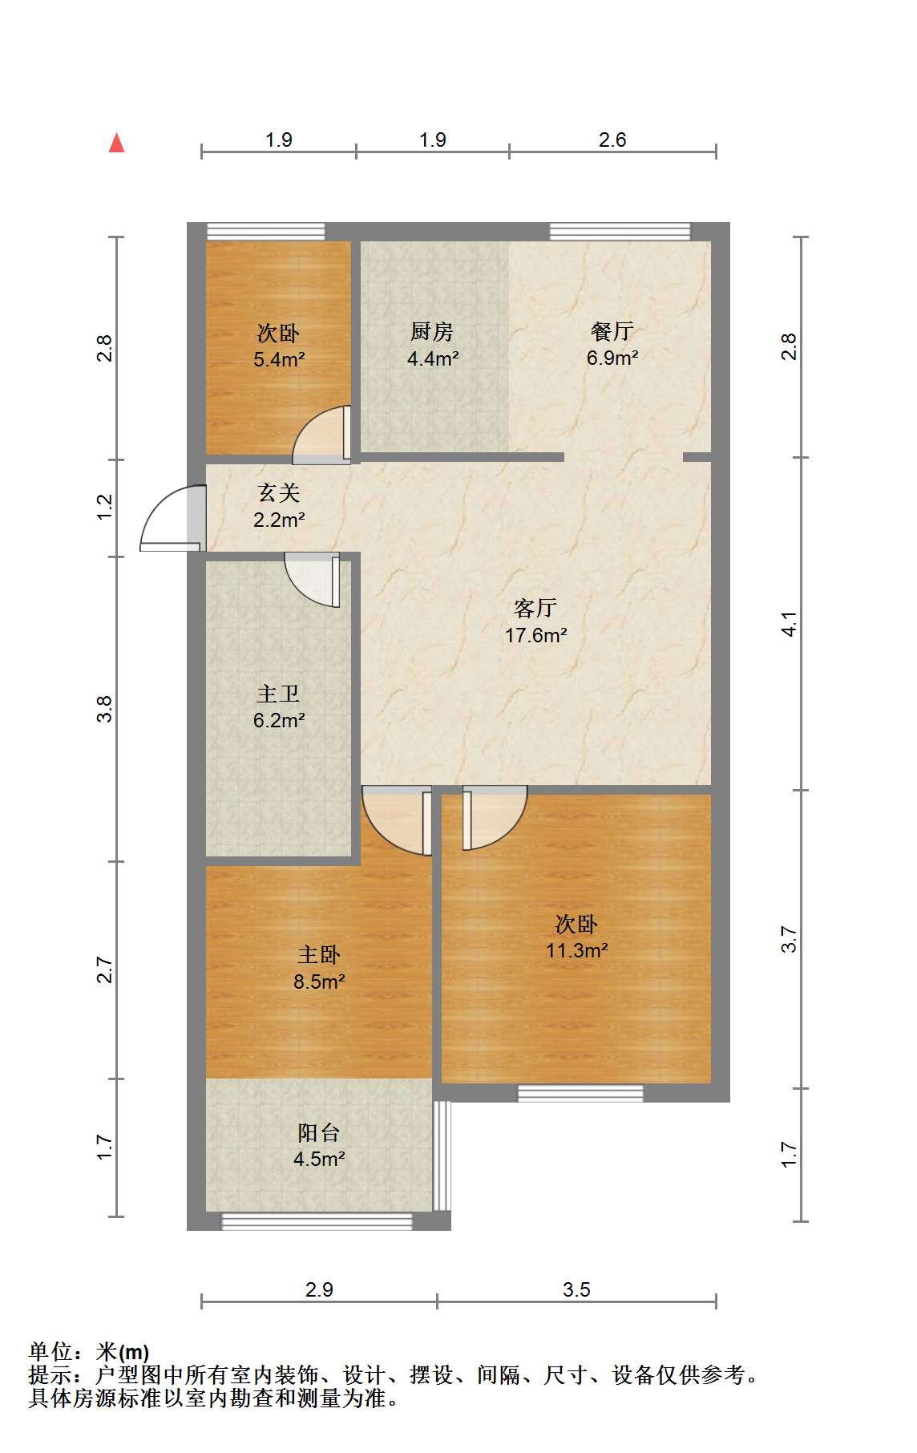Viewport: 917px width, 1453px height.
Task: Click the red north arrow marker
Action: click(117, 143)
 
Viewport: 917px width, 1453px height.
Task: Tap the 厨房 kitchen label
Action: click(432, 330)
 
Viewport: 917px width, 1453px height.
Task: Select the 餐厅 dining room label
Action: click(612, 330)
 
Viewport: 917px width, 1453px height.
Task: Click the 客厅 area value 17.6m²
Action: click(536, 635)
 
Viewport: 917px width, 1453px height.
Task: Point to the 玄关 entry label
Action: click(279, 492)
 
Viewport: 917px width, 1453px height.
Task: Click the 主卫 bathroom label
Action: click(279, 693)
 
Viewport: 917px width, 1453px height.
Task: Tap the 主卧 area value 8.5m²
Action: click(319, 981)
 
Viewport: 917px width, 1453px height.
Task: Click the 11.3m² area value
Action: click(577, 950)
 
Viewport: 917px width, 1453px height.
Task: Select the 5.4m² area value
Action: click(279, 359)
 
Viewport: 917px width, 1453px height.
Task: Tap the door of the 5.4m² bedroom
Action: click(321, 435)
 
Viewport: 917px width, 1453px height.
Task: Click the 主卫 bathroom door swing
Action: click(313, 580)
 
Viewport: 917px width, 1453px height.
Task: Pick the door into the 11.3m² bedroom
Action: click(495, 817)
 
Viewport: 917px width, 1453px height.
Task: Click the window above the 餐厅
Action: click(620, 231)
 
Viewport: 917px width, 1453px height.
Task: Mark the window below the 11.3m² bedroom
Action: click(580, 1093)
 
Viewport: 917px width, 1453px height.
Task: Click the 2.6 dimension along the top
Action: click(612, 140)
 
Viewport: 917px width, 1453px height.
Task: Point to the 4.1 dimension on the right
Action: click(790, 624)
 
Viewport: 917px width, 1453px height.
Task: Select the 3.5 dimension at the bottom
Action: click(576, 1289)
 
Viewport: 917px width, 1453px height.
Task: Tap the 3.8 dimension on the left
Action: click(105, 709)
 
